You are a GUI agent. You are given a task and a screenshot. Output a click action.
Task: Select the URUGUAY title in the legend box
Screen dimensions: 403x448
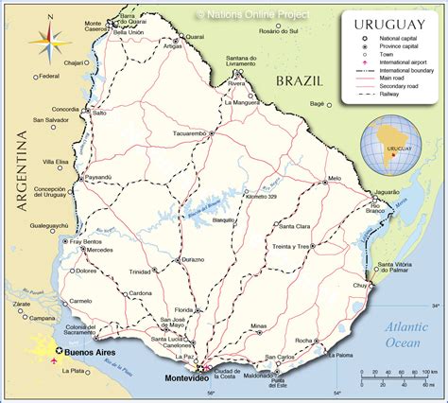click(x=390, y=23)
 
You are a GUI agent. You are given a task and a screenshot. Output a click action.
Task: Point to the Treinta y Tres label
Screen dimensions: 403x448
click(x=292, y=246)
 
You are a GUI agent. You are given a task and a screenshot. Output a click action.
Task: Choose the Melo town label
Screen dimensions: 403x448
click(x=334, y=178)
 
